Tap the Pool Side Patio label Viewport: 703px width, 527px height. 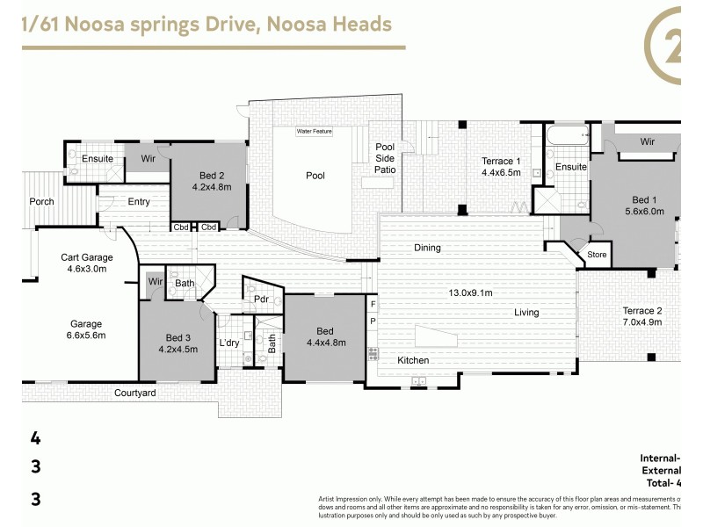pos(385,158)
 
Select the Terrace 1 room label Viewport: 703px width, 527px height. pos(501,167)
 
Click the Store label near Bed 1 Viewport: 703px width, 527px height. pos(597,256)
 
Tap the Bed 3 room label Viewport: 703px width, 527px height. pos(178,343)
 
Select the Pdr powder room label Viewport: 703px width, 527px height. pos(260,299)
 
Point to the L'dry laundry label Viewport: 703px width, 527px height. pos(228,343)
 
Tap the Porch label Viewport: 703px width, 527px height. pos(41,201)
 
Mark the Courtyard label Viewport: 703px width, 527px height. pos(134,393)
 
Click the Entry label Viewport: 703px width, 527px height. pos(139,202)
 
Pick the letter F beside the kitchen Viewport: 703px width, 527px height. pos(373,305)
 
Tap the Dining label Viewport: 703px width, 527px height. pos(427,248)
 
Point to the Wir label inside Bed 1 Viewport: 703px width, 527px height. pos(647,141)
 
